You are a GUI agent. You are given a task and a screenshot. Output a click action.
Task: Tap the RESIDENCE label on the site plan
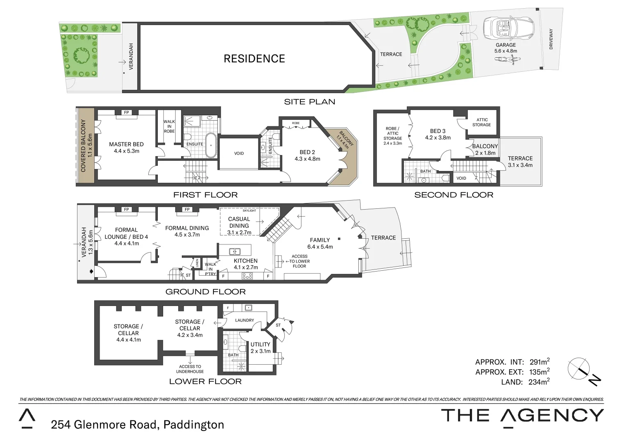[254, 59]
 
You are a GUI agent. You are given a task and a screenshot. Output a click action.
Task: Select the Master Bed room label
[126, 144]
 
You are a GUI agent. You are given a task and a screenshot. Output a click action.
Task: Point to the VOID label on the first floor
[239, 153]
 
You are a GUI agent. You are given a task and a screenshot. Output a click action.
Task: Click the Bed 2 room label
[307, 152]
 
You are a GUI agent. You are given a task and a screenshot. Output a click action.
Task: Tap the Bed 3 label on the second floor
[438, 131]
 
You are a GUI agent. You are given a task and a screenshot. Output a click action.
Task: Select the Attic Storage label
[482, 122]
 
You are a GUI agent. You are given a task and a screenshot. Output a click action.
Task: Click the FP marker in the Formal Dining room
[187, 210]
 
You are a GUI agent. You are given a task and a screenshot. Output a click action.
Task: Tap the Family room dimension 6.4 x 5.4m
[320, 247]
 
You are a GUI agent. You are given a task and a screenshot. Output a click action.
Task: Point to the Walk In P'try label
[210, 269]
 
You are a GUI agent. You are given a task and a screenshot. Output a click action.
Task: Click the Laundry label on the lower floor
[245, 320]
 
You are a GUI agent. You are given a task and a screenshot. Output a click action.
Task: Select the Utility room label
[260, 345]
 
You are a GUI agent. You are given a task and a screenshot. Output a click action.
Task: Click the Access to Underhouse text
[190, 369]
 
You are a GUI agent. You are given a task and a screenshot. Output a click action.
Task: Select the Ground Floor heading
[205, 292]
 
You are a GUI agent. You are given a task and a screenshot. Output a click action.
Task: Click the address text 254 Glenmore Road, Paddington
[137, 425]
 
